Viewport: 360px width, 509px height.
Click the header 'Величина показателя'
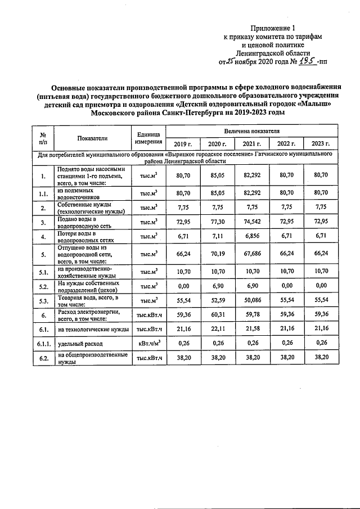pyautogui.click(x=251, y=130)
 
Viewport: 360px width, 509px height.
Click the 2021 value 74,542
pyautogui.click(x=251, y=222)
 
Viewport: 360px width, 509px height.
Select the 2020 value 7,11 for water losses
pyautogui.click(x=217, y=237)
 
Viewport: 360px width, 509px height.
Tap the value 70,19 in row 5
pyautogui.click(x=217, y=254)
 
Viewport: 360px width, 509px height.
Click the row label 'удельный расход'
pyautogui.click(x=78, y=343)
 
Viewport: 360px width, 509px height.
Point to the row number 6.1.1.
pyautogui.click(x=43, y=343)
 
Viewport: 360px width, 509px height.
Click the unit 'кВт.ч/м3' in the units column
pyautogui.click(x=148, y=343)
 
